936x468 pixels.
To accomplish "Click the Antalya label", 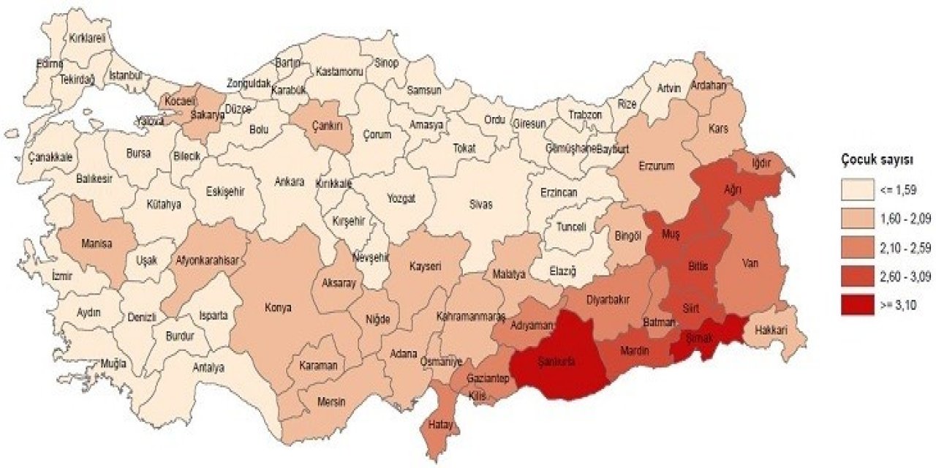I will (x=208, y=368).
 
